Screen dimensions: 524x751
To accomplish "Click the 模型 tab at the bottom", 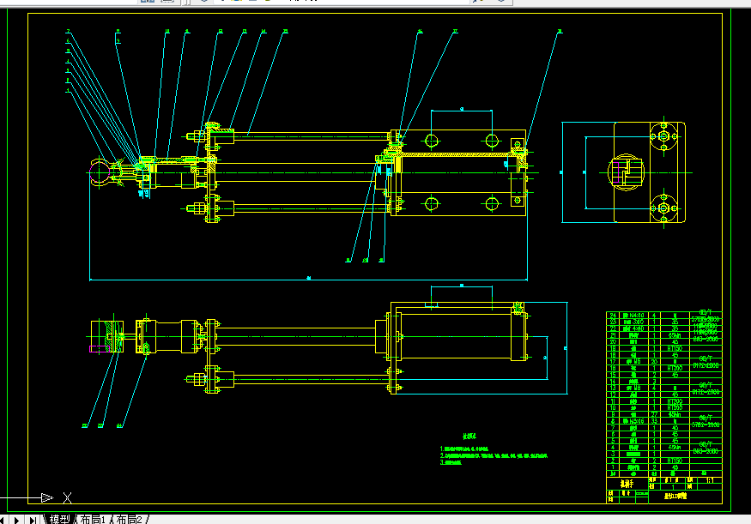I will (x=59, y=519).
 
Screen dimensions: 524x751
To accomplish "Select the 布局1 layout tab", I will (x=93, y=519).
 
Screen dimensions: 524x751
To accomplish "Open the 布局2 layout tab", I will (x=130, y=519).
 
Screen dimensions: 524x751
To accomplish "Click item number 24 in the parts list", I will (x=613, y=316).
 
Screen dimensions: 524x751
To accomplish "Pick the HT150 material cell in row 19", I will (x=674, y=349).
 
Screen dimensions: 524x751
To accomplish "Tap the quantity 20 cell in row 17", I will (x=654, y=362).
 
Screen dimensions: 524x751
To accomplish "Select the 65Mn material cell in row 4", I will (x=674, y=447).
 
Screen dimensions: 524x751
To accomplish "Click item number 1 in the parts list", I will (x=613, y=467).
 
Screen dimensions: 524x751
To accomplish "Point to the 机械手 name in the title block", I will (x=626, y=482).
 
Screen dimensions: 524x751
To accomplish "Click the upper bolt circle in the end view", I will (x=661, y=136).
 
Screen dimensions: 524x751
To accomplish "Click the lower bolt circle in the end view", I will (x=661, y=208).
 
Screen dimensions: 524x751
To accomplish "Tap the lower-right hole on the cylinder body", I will (x=490, y=203).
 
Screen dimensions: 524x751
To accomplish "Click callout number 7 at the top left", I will (x=68, y=32).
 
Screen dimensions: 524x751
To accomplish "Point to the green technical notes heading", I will (x=469, y=436).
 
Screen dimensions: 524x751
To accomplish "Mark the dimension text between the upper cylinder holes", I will (x=462, y=109).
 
